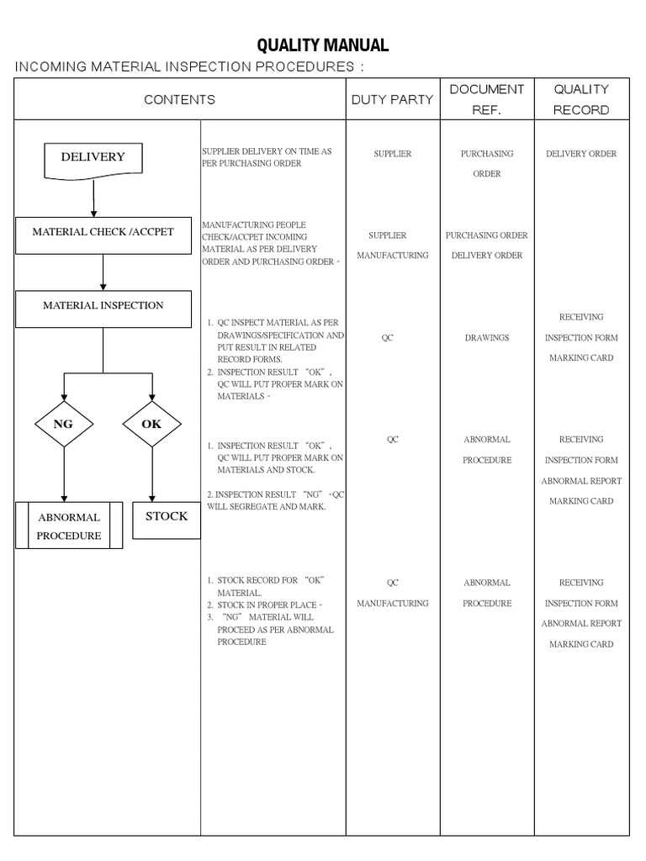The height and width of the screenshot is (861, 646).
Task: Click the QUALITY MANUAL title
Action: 323,45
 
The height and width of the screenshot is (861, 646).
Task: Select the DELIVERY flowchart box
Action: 93,159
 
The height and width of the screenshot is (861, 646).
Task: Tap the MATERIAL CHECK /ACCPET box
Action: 103,233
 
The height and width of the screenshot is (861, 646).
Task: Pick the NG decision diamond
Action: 64,425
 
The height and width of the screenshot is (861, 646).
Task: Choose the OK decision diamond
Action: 152,425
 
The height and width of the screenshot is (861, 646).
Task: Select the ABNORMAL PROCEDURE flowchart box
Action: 69,526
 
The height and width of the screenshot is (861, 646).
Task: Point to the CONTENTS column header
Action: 179,99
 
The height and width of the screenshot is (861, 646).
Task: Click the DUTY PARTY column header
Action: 392,99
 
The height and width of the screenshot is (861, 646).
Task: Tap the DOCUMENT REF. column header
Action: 487,99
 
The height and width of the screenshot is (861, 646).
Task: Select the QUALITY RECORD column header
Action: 581,99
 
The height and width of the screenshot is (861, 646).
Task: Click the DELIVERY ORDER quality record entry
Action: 581,154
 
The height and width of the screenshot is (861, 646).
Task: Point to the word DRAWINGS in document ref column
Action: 487,338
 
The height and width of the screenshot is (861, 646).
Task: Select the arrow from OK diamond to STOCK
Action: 152,475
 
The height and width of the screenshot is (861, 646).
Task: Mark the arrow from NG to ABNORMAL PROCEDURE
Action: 64,475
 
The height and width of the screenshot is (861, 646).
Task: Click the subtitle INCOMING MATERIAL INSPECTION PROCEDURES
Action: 190,67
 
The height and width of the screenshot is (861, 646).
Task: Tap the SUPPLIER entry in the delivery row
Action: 393,154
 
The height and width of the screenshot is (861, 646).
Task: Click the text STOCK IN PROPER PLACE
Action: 267,605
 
